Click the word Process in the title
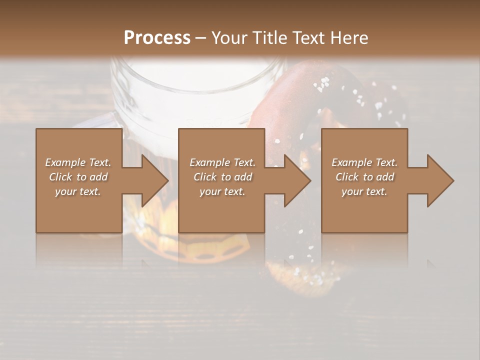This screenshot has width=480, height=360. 157,38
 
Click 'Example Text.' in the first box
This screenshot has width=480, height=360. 78,162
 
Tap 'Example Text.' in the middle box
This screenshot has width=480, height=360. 222,162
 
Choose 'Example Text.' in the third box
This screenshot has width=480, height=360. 364,162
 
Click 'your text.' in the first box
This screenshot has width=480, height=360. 78,191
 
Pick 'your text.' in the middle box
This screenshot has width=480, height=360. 222,191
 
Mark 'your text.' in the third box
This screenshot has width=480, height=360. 364,191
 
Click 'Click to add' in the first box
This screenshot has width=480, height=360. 78,177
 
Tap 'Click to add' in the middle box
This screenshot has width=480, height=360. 222,177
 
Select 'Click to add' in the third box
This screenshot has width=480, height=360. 364,177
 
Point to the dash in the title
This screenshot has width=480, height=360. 201,38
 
